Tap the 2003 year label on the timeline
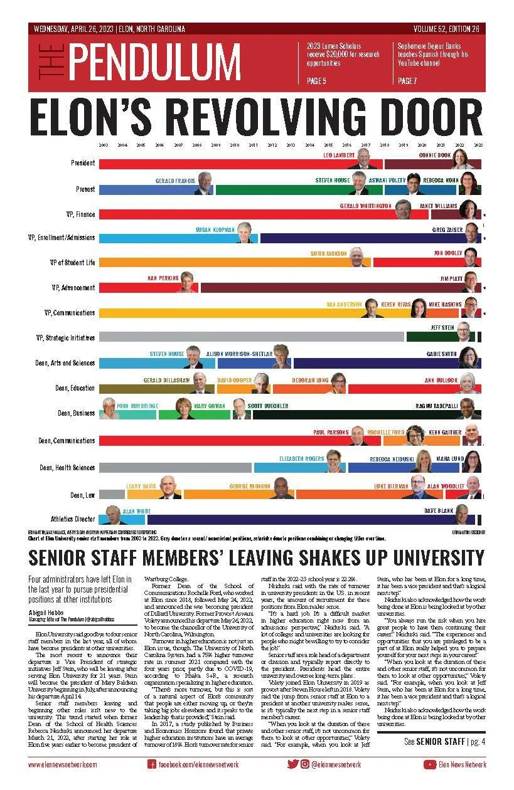click(103, 145)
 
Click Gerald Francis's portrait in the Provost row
click(205, 184)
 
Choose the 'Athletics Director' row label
click(73, 519)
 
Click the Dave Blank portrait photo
click(463, 515)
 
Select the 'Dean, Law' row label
click(82, 495)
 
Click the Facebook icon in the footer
click(151, 764)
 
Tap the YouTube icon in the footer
click(430, 764)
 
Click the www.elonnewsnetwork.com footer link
click(63, 764)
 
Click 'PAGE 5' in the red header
click(316, 81)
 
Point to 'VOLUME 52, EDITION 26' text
click(446, 29)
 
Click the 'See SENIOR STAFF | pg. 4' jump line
click(445, 742)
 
